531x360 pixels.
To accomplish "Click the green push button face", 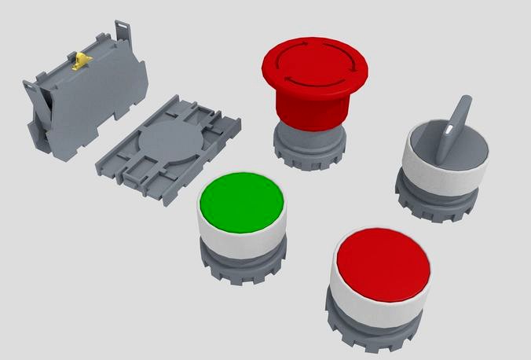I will pyautogui.click(x=242, y=202).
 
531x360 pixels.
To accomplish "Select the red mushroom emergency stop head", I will pyautogui.click(x=314, y=64).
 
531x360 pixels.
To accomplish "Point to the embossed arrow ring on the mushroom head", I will pyautogui.click(x=314, y=59).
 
